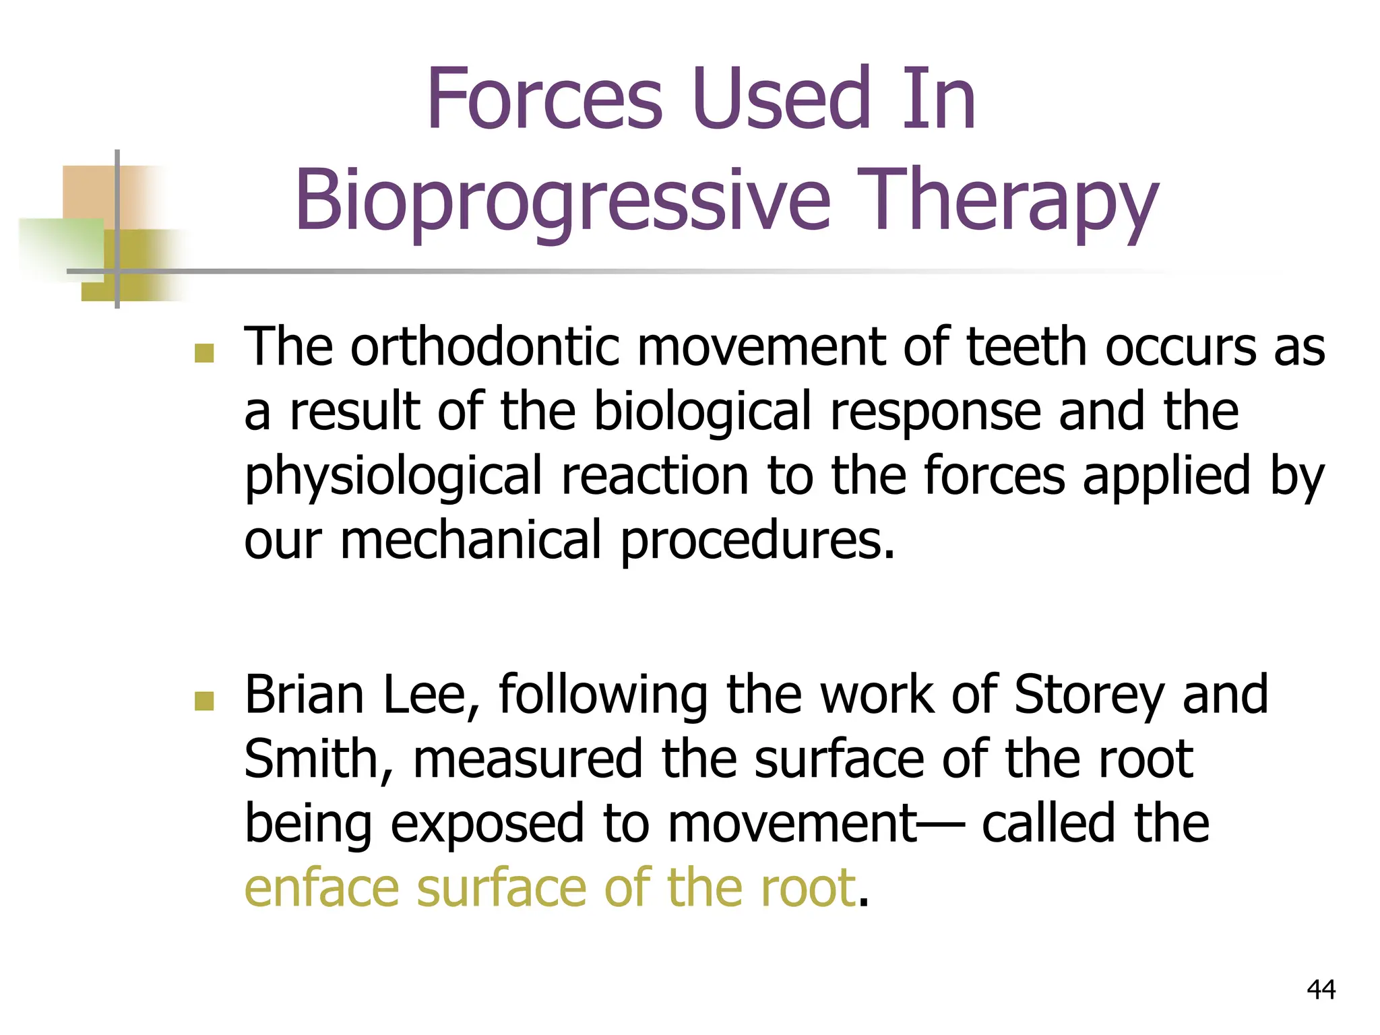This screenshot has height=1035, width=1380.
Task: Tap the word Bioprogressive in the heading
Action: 563,201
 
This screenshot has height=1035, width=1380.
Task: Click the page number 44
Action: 1321,990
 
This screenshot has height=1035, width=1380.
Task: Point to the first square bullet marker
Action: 204,353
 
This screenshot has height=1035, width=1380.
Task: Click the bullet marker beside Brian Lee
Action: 204,701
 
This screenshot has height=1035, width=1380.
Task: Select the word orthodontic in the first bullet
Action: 483,346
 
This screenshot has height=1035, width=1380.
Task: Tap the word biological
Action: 702,411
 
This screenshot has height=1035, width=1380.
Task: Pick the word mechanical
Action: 470,540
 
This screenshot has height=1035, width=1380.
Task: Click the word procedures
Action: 757,541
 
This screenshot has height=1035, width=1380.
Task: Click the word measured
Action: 528,760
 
